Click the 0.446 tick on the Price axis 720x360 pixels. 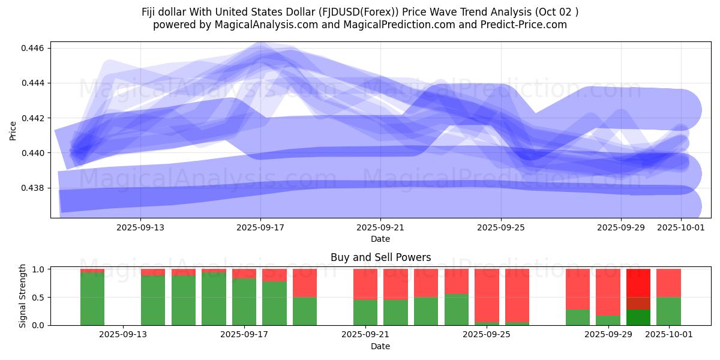click(x=35, y=48)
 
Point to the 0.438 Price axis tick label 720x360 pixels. click(x=35, y=188)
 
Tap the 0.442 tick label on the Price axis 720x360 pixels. click(x=35, y=118)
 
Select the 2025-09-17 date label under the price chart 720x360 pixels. click(x=260, y=228)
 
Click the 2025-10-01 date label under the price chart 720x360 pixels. click(x=680, y=228)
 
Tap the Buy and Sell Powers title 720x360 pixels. click(x=380, y=257)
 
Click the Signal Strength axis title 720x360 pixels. click(x=22, y=296)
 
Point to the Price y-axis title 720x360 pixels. click(x=13, y=130)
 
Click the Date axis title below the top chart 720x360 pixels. click(x=380, y=239)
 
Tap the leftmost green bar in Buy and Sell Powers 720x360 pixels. click(x=92, y=299)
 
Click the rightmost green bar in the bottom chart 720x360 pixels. click(x=668, y=311)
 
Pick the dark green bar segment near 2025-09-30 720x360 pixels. click(x=638, y=317)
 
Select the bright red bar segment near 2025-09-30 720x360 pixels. click(x=638, y=283)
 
